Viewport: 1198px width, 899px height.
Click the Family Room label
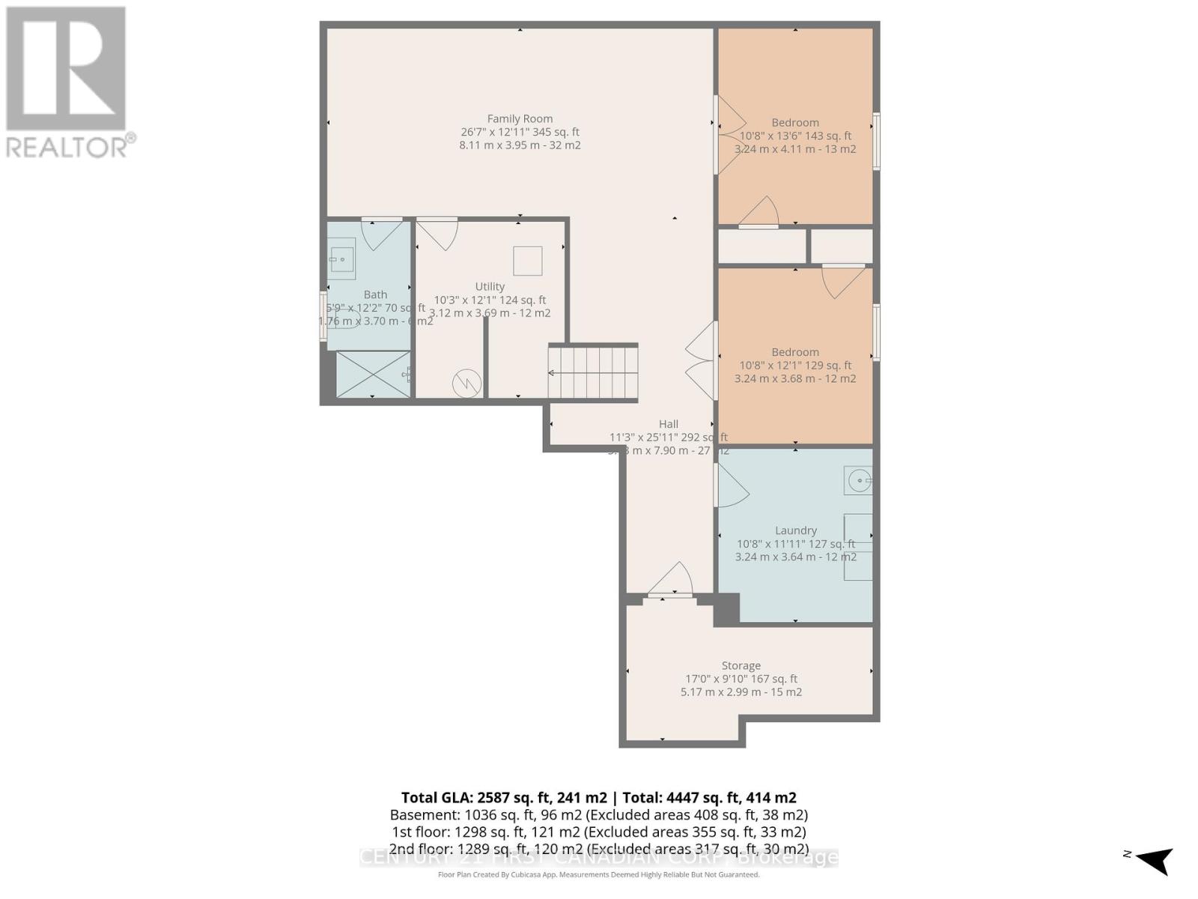point(520,118)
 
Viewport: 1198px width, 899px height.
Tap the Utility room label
point(490,286)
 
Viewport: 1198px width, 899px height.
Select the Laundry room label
point(795,530)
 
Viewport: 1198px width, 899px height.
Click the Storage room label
point(741,665)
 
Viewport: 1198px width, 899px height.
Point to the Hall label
point(668,424)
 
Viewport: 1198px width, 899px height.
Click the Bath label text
point(375,294)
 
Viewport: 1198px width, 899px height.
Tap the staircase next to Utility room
point(593,372)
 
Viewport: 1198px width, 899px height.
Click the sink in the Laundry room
point(858,480)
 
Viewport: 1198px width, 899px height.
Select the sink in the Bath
point(342,258)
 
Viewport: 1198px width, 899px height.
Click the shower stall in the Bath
point(373,375)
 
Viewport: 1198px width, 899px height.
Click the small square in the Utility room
point(527,261)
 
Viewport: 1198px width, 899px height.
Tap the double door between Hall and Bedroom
point(702,361)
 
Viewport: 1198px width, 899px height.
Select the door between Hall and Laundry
point(731,485)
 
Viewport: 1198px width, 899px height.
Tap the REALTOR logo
point(67,82)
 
